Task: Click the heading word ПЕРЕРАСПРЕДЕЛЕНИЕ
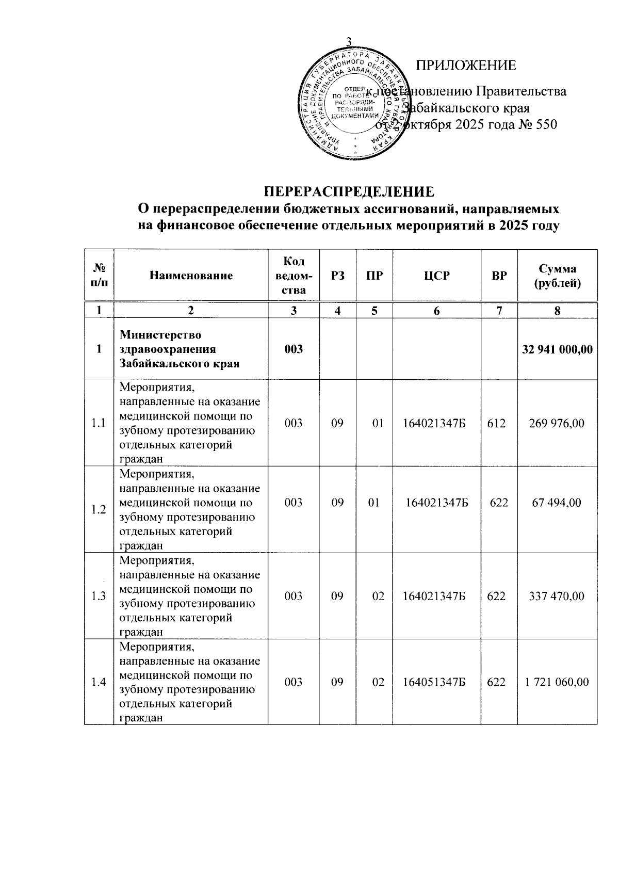[350, 191]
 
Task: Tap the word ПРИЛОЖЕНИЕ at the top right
[466, 66]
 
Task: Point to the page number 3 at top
[348, 42]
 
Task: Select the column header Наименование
[191, 276]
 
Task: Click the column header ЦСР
[436, 276]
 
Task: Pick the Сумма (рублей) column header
[557, 276]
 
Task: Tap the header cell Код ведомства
[294, 276]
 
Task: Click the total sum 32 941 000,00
[557, 349]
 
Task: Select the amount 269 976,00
[557, 424]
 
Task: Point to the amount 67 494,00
[557, 503]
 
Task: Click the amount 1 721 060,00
[557, 682]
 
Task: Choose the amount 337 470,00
[557, 597]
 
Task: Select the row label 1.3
[99, 597]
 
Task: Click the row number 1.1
[99, 424]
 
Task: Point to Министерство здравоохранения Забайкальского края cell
[180, 349]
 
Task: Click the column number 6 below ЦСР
[436, 311]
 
